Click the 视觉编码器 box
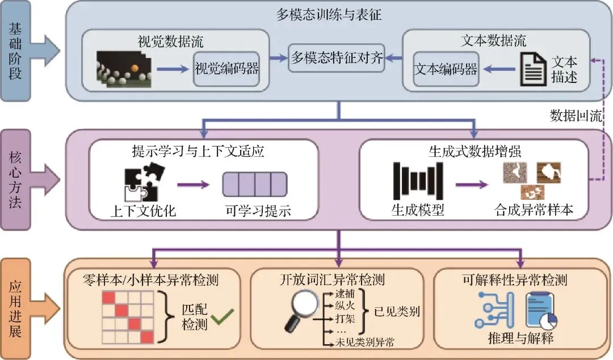pos(226,69)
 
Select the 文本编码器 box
pos(446,69)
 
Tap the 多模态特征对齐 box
pos(337,58)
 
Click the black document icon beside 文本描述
pos(533,69)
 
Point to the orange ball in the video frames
pos(135,69)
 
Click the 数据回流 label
pos(576,115)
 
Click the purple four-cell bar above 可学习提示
pos(255,185)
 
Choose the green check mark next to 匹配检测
pos(223,316)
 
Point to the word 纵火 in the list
pos(345,305)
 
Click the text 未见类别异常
pos(365,342)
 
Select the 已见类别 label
pos(397,312)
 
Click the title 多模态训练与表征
pos(329,15)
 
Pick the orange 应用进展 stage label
pos(16,309)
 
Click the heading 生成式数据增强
pos(475,152)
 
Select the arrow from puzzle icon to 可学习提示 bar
pos(194,185)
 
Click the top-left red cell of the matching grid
pos(108,297)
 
